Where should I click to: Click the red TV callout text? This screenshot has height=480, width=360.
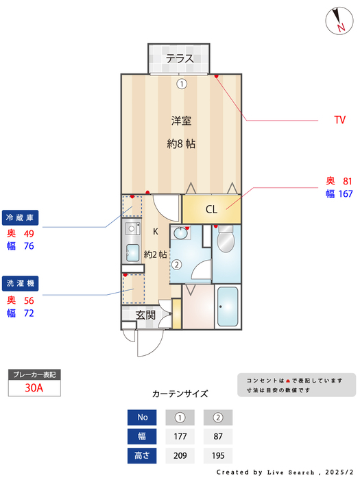pos(339,120)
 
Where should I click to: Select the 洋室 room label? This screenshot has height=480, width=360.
pos(181,121)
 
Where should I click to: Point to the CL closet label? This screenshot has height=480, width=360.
pos(211,210)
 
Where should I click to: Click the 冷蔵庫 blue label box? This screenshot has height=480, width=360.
pos(20,218)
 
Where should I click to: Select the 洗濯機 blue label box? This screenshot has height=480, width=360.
pos(20,283)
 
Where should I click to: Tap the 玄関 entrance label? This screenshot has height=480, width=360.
pos(145,315)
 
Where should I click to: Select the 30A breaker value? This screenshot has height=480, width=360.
pos(34,388)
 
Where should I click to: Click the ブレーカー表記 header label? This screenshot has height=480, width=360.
pos(34,375)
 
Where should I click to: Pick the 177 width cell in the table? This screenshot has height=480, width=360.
pos(180,436)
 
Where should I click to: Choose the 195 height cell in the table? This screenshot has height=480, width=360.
pos(218,455)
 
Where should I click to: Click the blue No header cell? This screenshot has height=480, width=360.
pos(142,417)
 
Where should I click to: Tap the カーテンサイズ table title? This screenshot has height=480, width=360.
pos(180,394)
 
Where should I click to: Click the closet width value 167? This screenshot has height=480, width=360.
pos(345,194)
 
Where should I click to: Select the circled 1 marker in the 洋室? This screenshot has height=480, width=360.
pos(181,84)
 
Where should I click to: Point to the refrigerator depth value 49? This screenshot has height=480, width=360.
pos(29,234)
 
